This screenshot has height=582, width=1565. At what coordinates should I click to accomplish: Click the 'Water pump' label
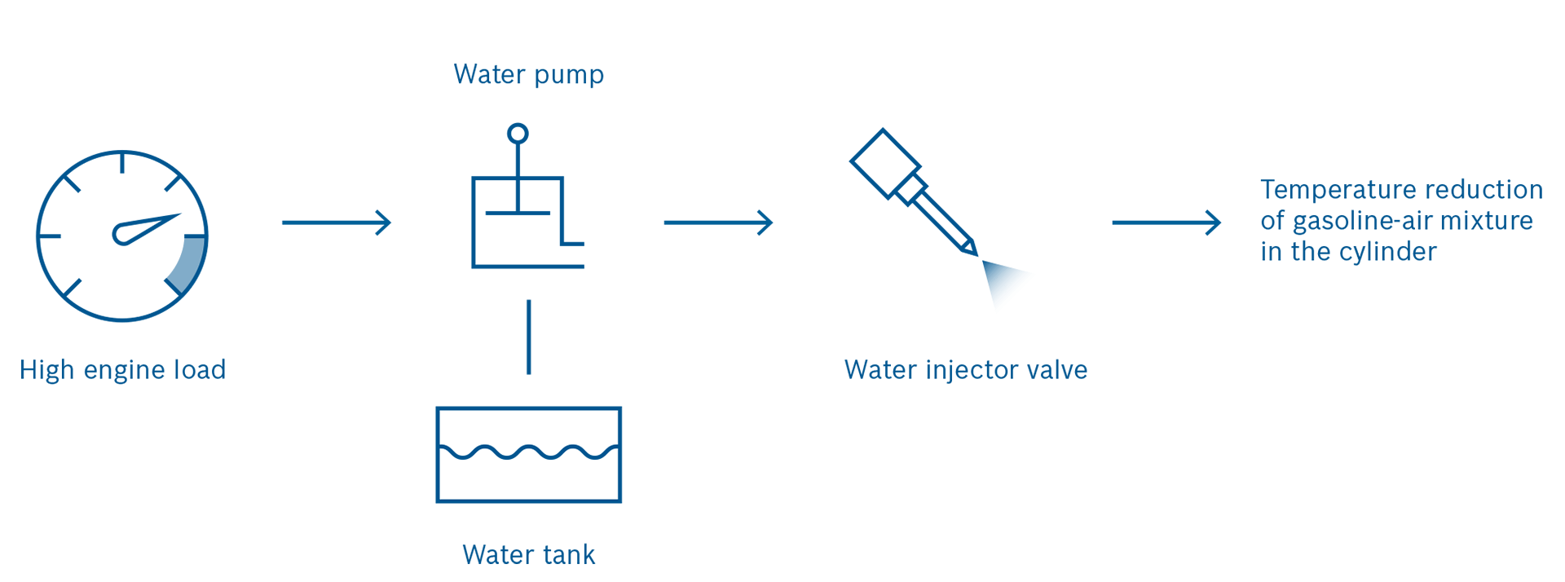coord(528,74)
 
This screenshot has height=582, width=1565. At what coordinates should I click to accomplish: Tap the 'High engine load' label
coord(122,370)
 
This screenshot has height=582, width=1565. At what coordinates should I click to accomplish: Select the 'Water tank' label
coord(528,554)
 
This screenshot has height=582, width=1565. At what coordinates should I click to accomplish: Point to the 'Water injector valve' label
coord(965,370)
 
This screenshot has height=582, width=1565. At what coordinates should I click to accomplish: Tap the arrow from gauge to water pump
coord(337,223)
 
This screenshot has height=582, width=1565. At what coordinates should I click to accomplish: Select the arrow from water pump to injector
coord(718,223)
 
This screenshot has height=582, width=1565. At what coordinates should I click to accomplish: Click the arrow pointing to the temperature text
coord(1166,223)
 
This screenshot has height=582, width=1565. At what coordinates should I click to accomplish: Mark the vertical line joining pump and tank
coord(529,337)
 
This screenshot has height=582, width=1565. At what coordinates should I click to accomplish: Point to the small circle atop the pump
coord(518,133)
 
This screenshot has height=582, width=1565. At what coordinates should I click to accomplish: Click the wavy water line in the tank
coord(529,452)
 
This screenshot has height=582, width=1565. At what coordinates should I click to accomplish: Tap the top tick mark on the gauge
coord(122,162)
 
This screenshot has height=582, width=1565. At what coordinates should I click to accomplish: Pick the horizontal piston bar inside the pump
coord(518,214)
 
